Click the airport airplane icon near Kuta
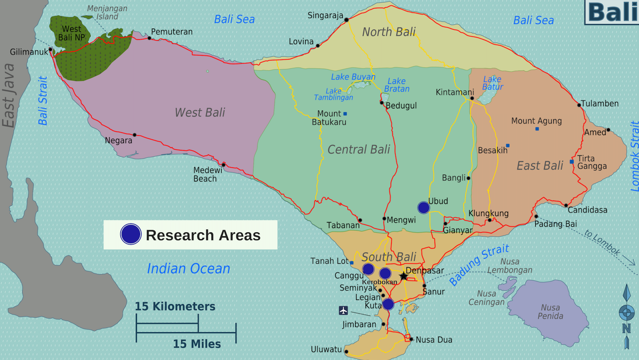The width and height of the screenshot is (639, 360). [x=343, y=310]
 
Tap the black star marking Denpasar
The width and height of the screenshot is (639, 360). [x=403, y=276]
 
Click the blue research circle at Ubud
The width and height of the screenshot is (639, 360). [x=424, y=207]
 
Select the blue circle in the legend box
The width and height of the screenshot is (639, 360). [x=130, y=234]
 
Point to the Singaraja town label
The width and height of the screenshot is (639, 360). [x=325, y=15]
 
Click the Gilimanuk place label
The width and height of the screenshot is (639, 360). [x=29, y=52]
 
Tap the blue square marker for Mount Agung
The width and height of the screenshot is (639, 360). [x=537, y=129]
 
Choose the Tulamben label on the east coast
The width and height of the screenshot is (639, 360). [x=600, y=103]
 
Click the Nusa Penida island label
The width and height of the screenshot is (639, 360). [x=550, y=312]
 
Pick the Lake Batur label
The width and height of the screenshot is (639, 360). [x=492, y=83]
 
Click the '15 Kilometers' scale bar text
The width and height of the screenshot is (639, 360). [x=175, y=306]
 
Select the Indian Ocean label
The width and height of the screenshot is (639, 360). [x=188, y=269]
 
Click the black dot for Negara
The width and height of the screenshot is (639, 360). [x=135, y=135]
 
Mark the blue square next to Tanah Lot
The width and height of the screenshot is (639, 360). [x=352, y=263]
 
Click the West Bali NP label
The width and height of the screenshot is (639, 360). [x=71, y=33]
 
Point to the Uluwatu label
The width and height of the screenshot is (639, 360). [x=326, y=349]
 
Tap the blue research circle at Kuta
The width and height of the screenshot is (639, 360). [x=388, y=304]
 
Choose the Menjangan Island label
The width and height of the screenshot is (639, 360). [x=107, y=12]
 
